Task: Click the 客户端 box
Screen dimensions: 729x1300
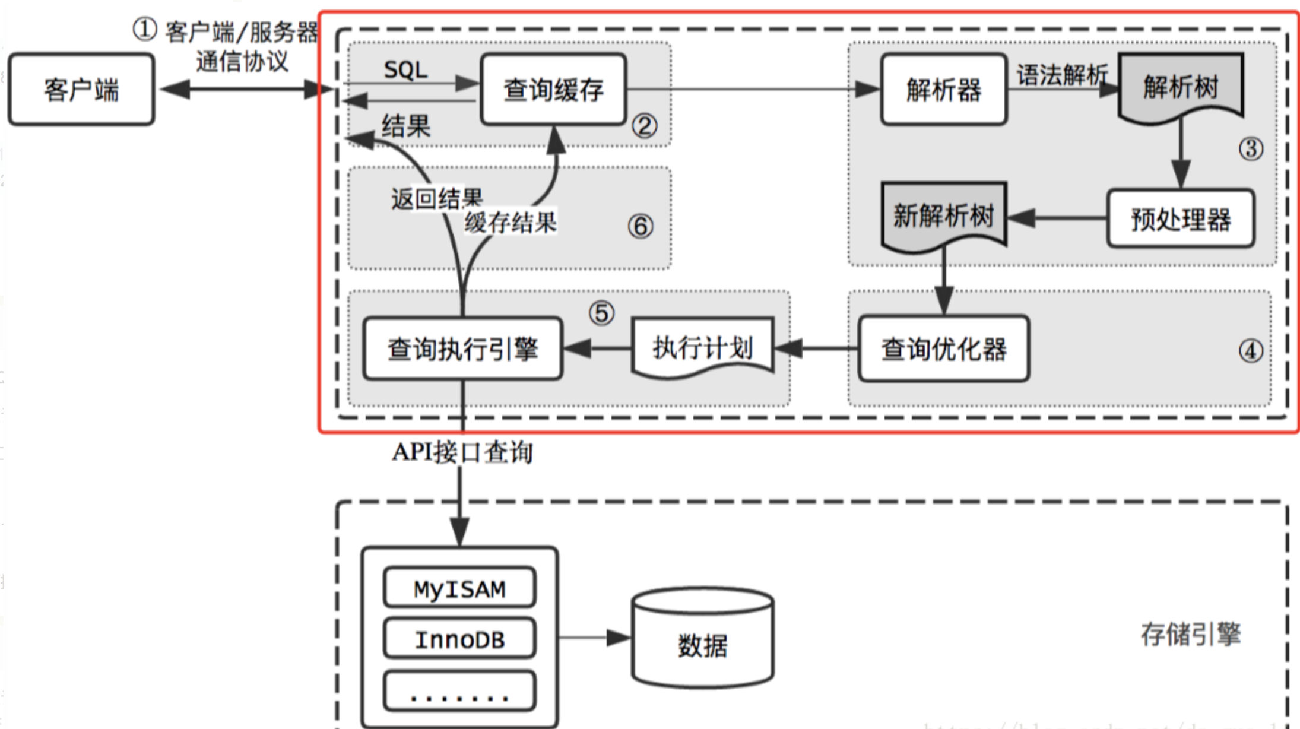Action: (81, 90)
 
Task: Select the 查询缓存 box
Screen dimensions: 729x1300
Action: (553, 90)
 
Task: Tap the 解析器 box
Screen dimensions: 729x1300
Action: (944, 90)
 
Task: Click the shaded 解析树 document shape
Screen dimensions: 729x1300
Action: (1180, 87)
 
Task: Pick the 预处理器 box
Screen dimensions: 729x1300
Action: (1180, 219)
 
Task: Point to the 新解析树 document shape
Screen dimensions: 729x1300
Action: (944, 215)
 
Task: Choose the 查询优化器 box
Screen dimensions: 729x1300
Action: (944, 349)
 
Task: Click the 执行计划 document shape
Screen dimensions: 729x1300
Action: (703, 348)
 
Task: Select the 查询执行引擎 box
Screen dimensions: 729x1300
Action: (462, 349)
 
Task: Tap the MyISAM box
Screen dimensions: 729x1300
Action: (459, 588)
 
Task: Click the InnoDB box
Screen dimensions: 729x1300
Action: (459, 639)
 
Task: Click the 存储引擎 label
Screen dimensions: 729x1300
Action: (1190, 634)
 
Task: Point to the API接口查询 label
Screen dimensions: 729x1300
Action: (462, 452)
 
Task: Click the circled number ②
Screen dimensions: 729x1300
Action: (644, 126)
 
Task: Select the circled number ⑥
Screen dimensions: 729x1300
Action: (641, 226)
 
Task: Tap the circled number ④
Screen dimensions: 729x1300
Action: (1251, 351)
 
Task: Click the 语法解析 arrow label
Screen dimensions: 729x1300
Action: (1061, 75)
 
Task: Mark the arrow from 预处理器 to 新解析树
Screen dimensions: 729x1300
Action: (1057, 218)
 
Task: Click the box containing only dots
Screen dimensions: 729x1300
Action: (459, 692)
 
